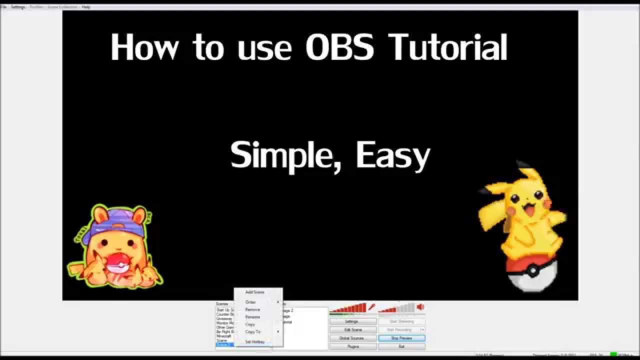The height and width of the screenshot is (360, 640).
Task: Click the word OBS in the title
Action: pos(339,47)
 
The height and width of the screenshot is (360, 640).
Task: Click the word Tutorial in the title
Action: pos(447,47)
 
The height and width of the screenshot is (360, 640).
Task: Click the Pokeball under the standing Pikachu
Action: pos(531,272)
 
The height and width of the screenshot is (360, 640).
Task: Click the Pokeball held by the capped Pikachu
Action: pos(116,262)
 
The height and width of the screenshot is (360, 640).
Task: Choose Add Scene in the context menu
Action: pos(254,292)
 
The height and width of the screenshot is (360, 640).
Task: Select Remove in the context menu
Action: pos(252,309)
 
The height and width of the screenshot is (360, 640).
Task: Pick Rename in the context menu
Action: pos(252,317)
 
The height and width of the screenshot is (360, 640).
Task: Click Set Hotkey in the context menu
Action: pos(255,342)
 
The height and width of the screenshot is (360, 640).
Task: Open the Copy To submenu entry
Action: pos(253,332)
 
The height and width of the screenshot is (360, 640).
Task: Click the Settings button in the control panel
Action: pos(352,321)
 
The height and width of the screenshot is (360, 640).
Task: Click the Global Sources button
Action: pos(352,338)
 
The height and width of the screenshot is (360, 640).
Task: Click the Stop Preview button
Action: pos(401,338)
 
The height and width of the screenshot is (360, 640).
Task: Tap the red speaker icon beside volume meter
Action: pos(420,306)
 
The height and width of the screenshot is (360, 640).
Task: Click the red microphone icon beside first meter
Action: pos(371,306)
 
